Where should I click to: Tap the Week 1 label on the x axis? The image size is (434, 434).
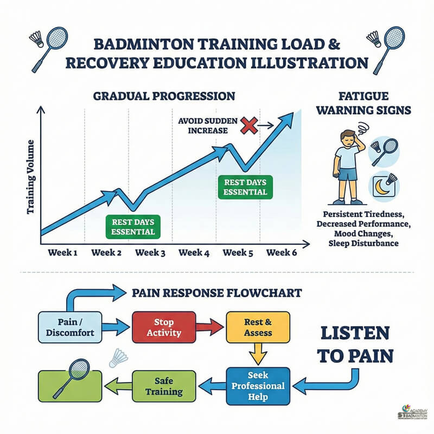pos(63,252)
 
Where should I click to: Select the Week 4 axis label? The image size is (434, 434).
pos(194,252)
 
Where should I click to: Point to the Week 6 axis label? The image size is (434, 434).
pos(282,252)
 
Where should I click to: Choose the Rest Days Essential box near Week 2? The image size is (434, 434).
pos(133,226)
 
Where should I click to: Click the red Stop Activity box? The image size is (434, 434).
pos(164,327)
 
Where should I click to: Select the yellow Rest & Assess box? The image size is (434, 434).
pos(258,327)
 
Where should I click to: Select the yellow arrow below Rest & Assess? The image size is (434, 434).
pos(258,355)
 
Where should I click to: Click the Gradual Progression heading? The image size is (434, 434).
pos(164,96)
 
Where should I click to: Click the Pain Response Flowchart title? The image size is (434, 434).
pos(217,293)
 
